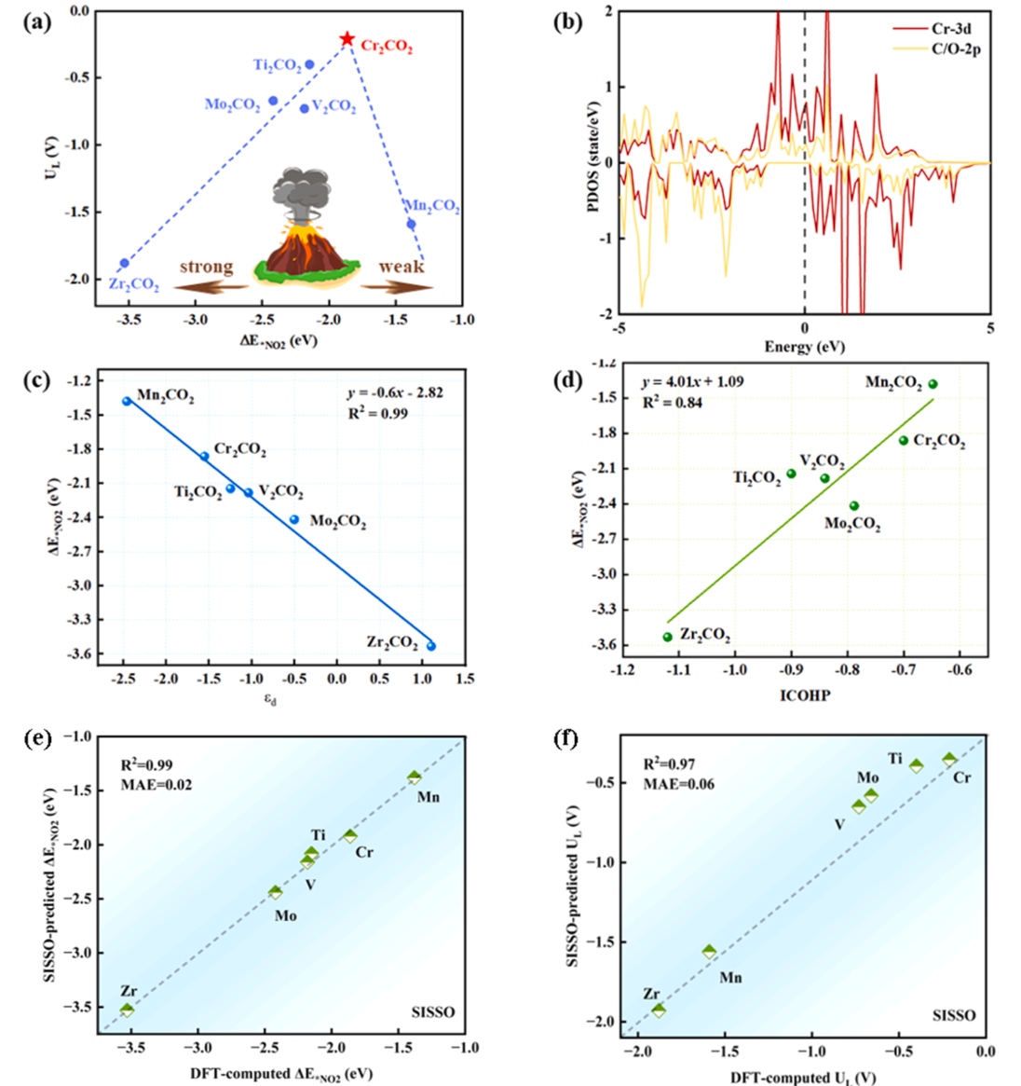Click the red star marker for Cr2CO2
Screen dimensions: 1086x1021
point(347,39)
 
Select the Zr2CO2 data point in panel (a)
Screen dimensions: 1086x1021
point(124,264)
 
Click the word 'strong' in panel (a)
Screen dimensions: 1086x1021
point(206,267)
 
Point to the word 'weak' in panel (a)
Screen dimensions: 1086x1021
point(402,267)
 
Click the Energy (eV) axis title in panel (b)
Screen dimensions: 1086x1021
point(804,347)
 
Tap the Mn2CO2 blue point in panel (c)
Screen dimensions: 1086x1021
point(127,401)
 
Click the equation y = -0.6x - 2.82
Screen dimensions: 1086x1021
point(395,392)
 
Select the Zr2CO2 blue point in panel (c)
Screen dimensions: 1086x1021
point(431,646)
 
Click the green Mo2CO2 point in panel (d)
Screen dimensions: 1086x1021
point(854,506)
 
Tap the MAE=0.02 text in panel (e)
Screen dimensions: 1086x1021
point(157,785)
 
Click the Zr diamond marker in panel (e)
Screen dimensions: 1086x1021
point(127,1010)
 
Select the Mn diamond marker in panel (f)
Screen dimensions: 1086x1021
point(710,952)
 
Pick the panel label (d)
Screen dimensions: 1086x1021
point(567,382)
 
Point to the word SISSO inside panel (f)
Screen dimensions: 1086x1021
point(952,1015)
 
